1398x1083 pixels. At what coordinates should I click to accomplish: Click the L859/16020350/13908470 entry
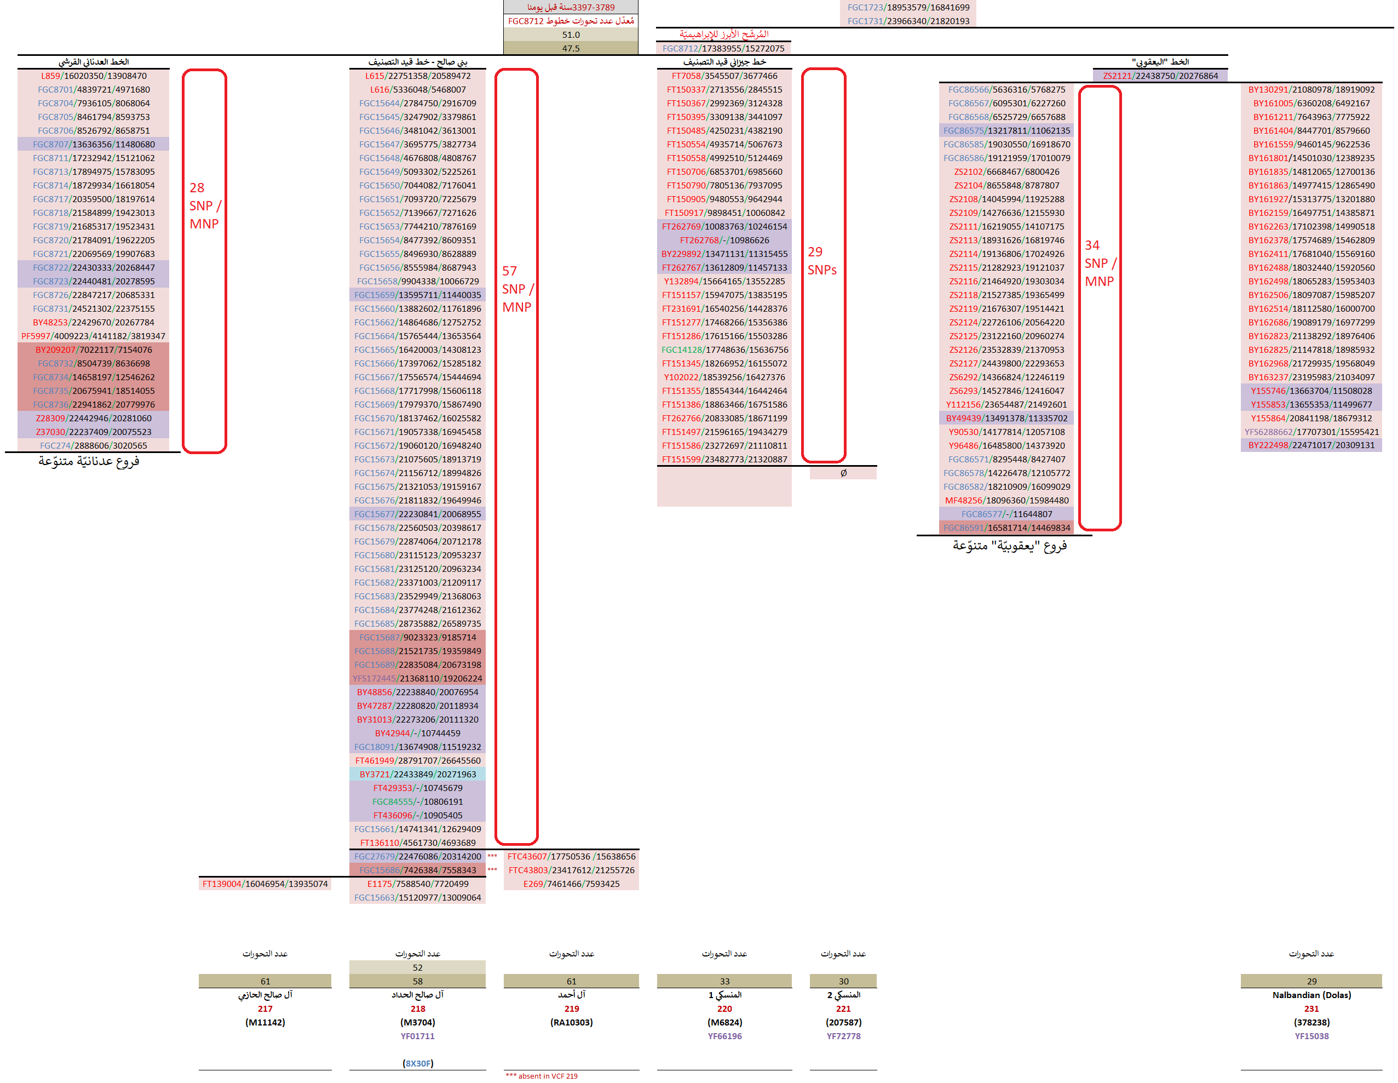point(94,76)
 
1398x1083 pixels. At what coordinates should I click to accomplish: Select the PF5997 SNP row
point(94,336)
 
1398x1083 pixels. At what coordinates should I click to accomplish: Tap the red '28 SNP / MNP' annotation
point(205,205)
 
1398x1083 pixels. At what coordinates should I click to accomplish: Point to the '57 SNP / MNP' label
point(516,289)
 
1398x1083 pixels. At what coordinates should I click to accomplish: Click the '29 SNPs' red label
point(822,261)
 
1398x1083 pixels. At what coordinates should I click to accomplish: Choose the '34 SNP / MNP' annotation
point(1100,263)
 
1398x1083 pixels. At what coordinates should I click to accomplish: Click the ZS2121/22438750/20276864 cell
point(1160,76)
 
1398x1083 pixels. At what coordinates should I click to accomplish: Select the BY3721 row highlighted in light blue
point(417,774)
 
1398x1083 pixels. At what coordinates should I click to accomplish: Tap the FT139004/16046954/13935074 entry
point(265,884)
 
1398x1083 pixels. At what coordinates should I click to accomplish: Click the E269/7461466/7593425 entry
point(571,884)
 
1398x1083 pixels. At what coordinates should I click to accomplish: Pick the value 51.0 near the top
point(571,35)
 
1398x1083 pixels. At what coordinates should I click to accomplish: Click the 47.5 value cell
point(571,48)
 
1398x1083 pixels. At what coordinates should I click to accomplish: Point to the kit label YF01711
point(417,1036)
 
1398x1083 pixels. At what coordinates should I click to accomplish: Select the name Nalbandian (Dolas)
point(1311,995)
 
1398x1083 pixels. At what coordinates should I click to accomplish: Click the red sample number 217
point(265,1008)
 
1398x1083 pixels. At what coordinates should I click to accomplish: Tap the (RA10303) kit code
point(571,1022)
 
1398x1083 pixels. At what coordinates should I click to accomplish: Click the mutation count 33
point(724,981)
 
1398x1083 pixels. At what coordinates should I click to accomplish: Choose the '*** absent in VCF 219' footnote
point(542,1076)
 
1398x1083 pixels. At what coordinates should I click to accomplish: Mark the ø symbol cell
point(843,473)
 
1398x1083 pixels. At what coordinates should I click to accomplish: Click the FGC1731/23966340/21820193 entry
point(908,21)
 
